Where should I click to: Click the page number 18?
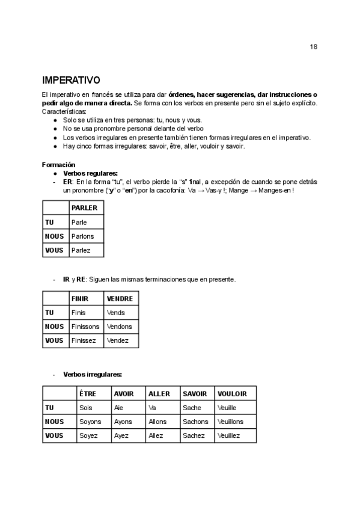[x=314, y=47]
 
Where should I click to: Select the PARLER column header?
[x=84, y=207]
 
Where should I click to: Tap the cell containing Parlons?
[x=83, y=236]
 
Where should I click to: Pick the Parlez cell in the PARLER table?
[x=81, y=250]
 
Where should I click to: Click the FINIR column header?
[x=79, y=298]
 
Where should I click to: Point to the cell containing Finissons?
[x=85, y=327]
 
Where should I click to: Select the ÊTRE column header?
[x=88, y=393]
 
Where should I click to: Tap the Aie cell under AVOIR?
[x=118, y=408]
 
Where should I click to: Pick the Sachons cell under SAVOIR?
[x=195, y=422]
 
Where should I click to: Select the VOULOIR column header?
[x=232, y=393]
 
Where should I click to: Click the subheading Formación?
[x=58, y=164]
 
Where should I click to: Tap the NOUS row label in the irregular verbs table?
[x=55, y=422]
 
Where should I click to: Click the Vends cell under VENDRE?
[x=115, y=313]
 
